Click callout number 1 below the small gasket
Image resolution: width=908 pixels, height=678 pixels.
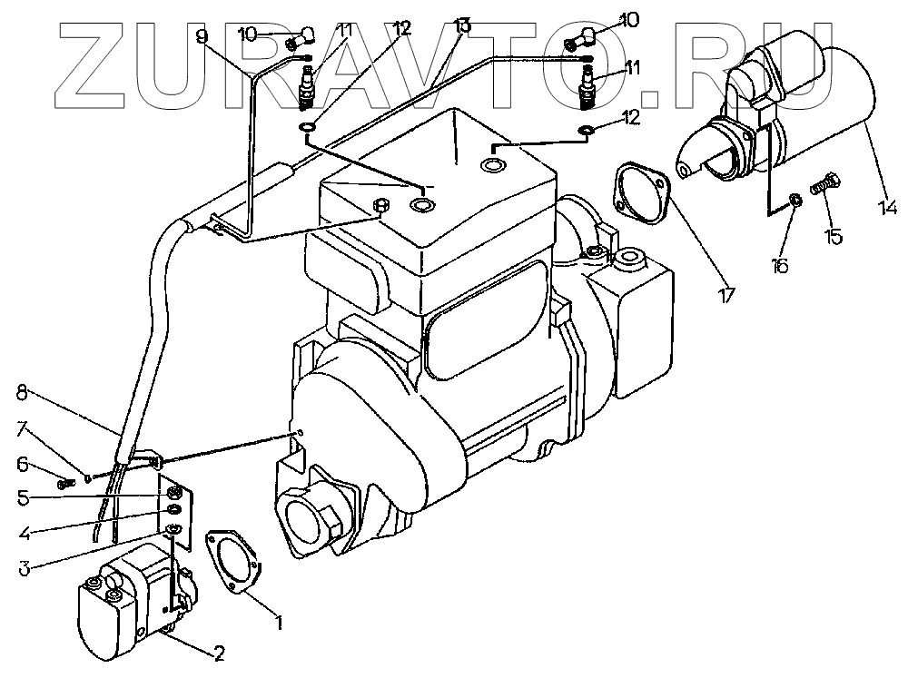coord(280,623)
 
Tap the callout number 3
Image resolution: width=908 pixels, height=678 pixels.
coord(24,569)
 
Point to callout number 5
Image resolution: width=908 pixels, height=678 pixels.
coord(25,497)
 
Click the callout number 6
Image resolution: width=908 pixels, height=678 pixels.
coord(24,465)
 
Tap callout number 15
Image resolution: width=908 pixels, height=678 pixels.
coord(834,237)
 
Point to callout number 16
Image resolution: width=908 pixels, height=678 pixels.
coord(780,265)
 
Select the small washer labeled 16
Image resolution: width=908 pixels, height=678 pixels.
coord(795,200)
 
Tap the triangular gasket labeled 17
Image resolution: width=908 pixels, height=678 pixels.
coord(643,192)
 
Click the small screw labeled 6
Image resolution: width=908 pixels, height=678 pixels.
coord(64,485)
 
